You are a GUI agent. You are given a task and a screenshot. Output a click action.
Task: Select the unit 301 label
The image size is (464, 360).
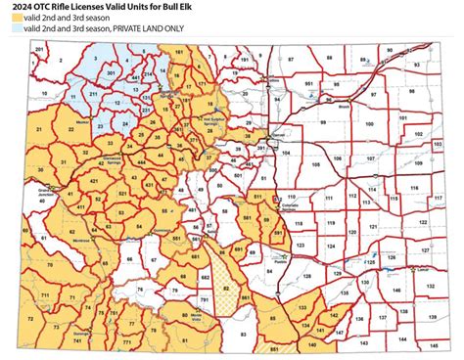click(111, 72)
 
